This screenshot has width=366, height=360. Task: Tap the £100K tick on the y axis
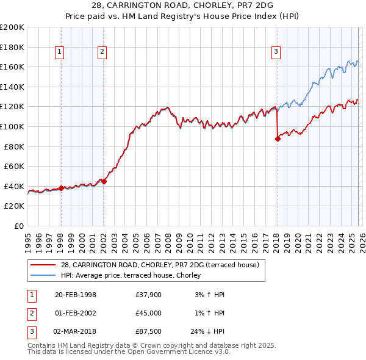[12, 126]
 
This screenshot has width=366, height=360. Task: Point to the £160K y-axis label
[12, 67]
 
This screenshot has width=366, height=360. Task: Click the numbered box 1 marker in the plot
[60, 52]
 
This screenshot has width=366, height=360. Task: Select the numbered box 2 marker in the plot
[102, 52]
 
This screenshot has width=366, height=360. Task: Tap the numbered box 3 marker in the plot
[276, 52]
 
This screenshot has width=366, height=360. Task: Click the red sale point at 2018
[278, 139]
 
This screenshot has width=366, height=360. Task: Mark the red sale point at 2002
[104, 181]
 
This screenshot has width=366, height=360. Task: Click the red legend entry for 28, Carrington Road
[160, 265]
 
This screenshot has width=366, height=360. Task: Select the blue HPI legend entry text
[134, 275]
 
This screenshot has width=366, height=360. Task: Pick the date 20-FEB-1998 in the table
[75, 295]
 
